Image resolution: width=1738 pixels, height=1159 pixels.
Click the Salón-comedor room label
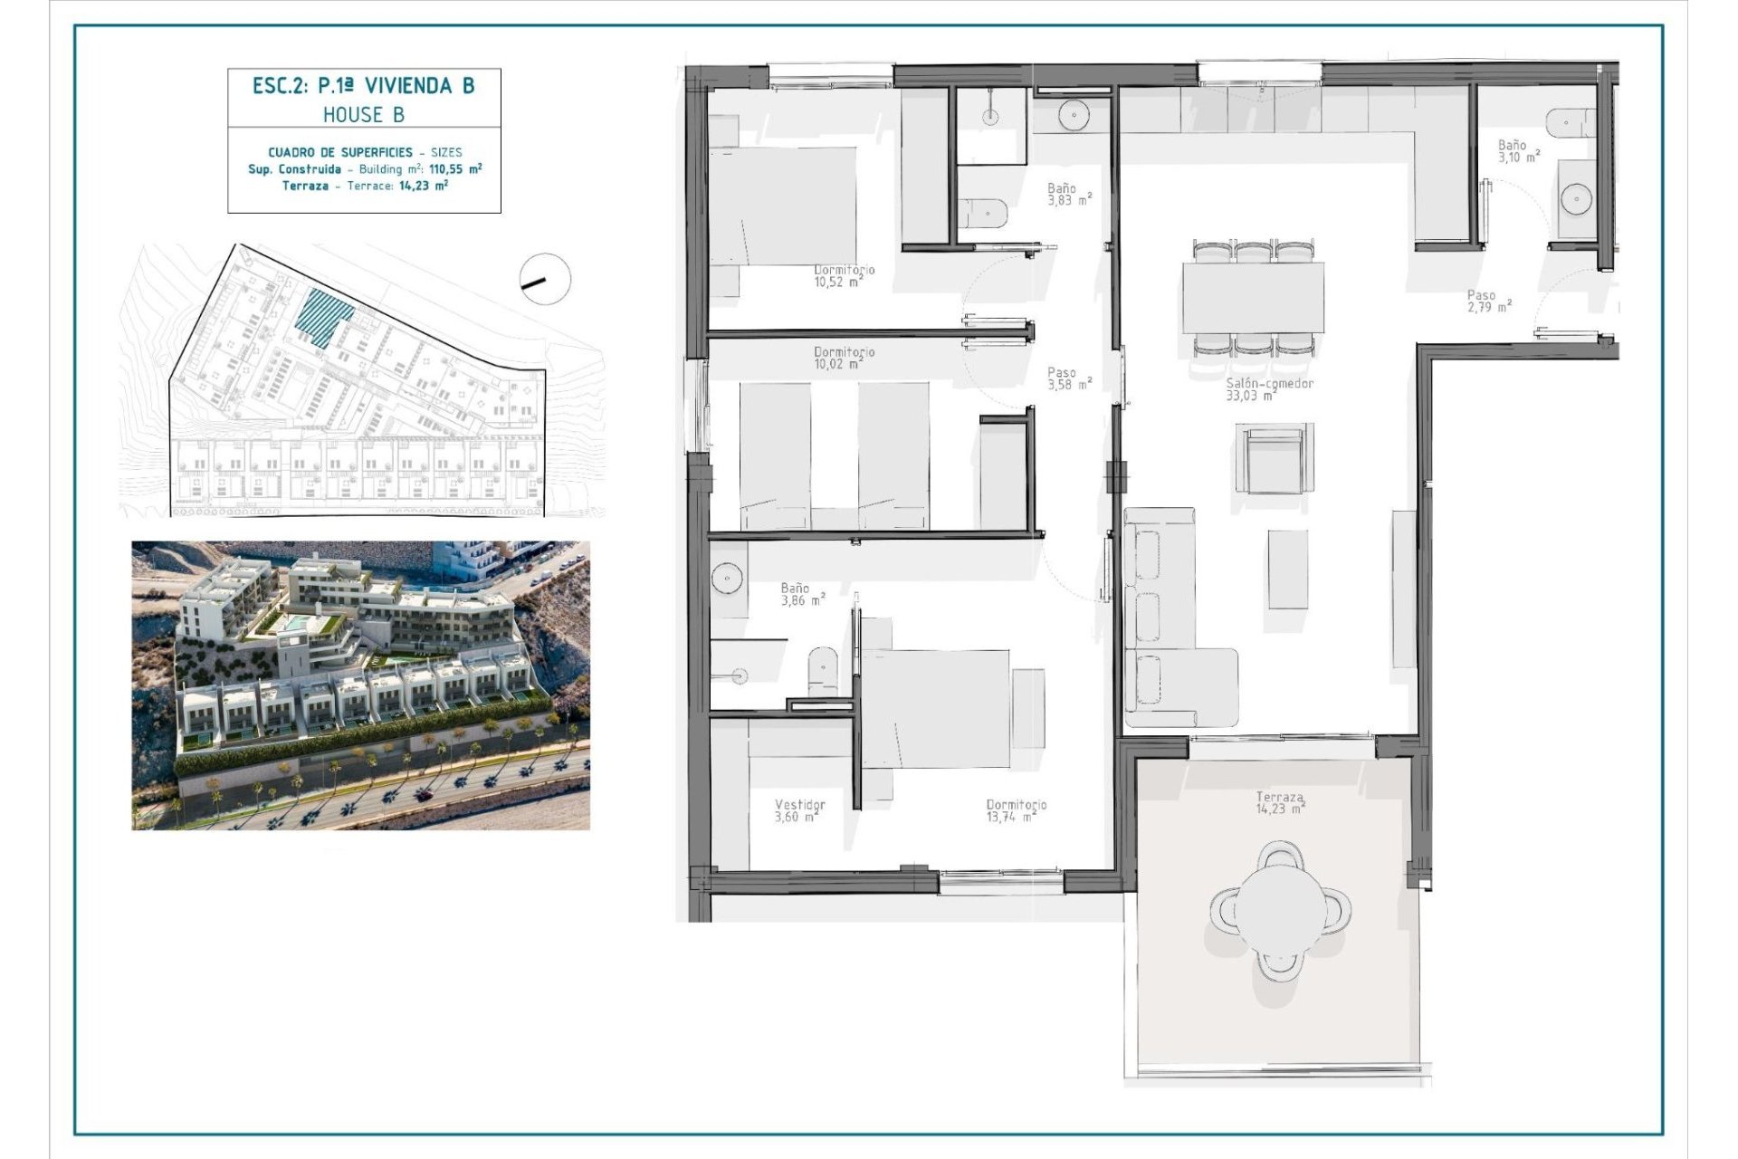click(1268, 389)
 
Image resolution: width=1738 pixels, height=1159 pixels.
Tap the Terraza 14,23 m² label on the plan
click(1280, 803)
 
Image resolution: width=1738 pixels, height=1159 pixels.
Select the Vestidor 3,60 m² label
click(799, 810)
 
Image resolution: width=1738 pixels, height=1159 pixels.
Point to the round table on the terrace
click(1280, 908)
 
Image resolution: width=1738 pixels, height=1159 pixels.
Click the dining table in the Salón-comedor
click(1253, 298)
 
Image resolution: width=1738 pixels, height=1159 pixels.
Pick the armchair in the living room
click(1273, 458)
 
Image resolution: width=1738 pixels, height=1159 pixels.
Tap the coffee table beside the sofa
click(1287, 569)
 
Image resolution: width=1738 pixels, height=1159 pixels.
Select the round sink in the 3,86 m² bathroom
click(727, 579)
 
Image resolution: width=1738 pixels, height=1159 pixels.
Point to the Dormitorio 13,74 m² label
click(1016, 810)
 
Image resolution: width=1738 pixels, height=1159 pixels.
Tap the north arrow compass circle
click(546, 279)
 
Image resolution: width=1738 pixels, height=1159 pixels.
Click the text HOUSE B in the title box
click(364, 115)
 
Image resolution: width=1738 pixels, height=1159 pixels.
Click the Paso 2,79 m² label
click(1488, 302)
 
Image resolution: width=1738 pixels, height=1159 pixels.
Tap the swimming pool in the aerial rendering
click(295, 624)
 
